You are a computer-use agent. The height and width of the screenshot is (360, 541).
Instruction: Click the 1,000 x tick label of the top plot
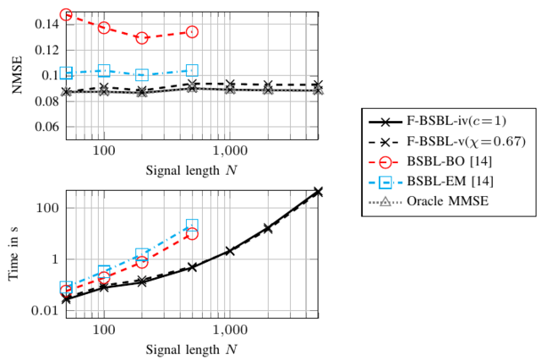click(x=229, y=150)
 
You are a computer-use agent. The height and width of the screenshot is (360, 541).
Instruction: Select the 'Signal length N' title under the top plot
click(x=192, y=169)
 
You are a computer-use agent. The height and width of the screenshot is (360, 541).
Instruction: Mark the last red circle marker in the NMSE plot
click(x=192, y=31)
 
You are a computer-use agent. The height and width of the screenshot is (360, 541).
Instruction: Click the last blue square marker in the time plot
click(x=192, y=226)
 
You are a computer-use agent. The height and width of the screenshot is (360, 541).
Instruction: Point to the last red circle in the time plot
click(x=192, y=233)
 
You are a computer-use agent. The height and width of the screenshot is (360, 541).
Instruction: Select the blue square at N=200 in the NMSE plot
click(x=142, y=74)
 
